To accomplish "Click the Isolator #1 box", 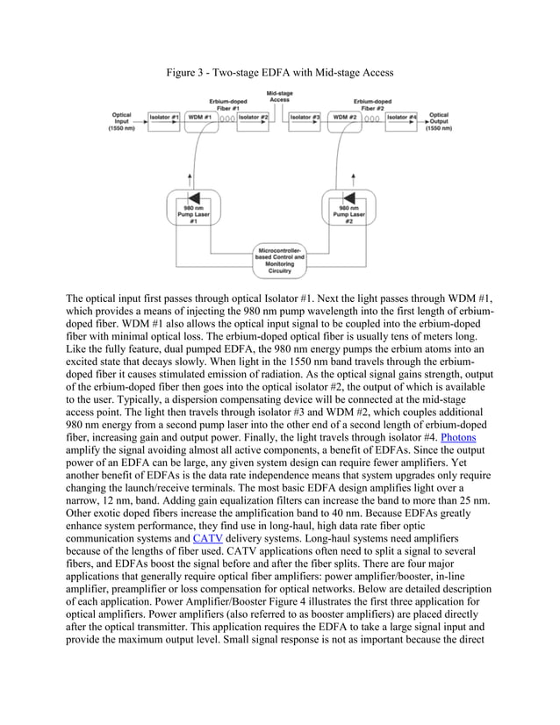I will (164, 117).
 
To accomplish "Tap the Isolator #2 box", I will (253, 117).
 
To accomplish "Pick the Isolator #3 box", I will (305, 117).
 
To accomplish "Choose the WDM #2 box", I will (343, 117).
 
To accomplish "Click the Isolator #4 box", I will (401, 117).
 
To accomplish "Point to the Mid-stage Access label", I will (279, 97).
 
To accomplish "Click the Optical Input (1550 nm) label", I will (121, 120).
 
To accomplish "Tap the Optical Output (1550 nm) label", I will (438, 120).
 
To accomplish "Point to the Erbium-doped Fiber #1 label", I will (226, 104).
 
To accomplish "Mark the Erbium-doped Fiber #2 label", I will (372, 104).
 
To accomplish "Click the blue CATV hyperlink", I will (206, 538).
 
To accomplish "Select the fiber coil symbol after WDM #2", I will (372, 118).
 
